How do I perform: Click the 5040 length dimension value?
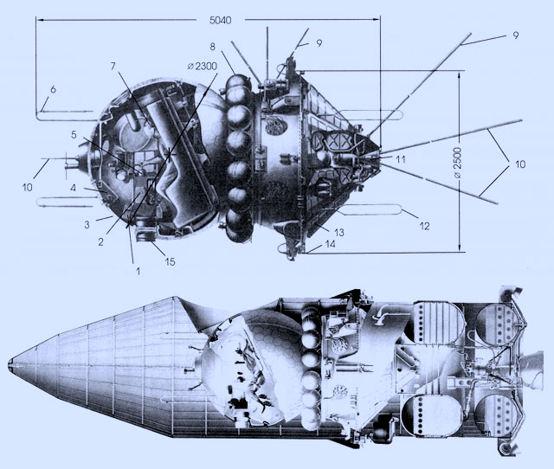[x=221, y=20]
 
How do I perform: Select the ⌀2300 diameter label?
[x=202, y=66]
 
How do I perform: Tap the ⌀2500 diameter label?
[x=457, y=163]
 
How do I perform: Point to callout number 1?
[x=138, y=271]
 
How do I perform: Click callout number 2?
[x=100, y=242]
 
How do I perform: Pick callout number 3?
[x=87, y=224]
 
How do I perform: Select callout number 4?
[x=73, y=188]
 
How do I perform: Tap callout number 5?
[x=74, y=134]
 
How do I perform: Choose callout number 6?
[x=53, y=89]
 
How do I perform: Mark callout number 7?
[x=113, y=66]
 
